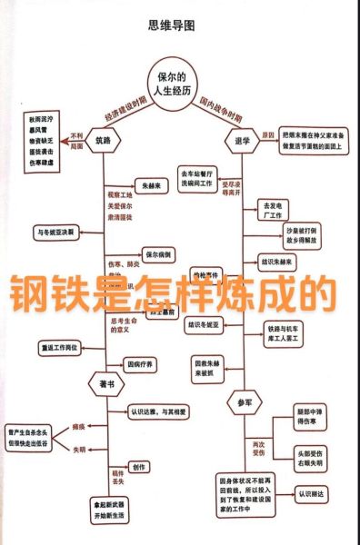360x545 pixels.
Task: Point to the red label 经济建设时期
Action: point(125,109)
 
